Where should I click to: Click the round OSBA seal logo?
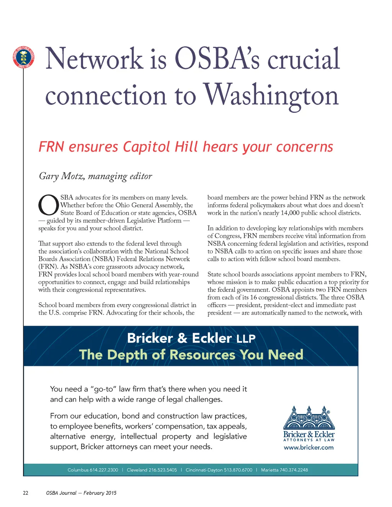point(23,57)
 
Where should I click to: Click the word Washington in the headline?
point(271,95)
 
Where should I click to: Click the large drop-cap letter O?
point(48,205)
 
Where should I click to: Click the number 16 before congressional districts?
point(253,297)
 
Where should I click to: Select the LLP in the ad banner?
point(246,339)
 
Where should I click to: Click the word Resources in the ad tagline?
point(203,355)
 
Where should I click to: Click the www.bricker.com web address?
point(309,448)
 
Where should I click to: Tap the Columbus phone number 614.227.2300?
point(104,470)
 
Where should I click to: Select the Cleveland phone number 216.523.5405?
point(163,470)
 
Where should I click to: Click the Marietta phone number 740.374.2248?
point(294,470)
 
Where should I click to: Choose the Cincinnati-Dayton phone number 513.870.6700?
point(238,470)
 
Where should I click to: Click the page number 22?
point(26,493)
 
